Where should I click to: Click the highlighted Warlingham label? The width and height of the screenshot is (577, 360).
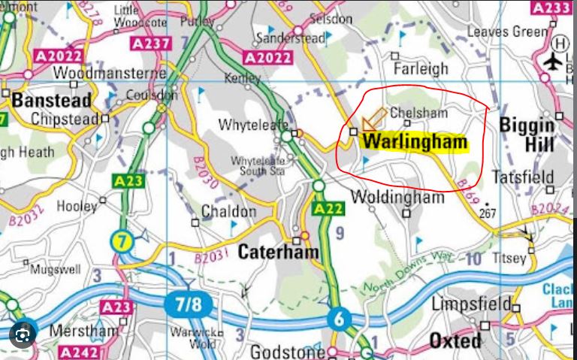[x=415, y=142]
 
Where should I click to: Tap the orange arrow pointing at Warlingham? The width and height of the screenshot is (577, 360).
[x=373, y=120]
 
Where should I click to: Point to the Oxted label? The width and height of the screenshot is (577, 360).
[x=455, y=341]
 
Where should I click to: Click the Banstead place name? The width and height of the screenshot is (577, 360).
[x=51, y=100]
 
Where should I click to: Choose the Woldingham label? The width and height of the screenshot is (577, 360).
[x=398, y=198]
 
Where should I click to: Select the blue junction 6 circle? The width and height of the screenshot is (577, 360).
[x=339, y=319]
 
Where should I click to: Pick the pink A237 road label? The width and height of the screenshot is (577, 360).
[x=148, y=44]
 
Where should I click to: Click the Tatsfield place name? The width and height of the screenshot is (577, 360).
[x=522, y=178]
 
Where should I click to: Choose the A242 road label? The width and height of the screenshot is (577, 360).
[x=79, y=352]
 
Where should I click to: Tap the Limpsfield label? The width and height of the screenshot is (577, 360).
[x=470, y=304]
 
